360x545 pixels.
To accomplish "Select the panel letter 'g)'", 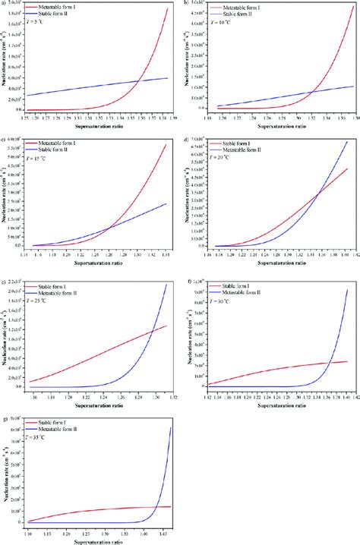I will coord(5,417).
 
